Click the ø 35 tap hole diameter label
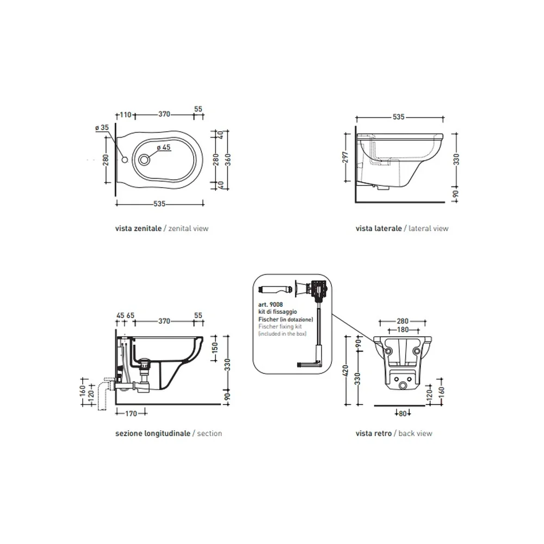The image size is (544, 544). [x=102, y=128]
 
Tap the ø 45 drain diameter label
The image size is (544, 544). [x=164, y=147]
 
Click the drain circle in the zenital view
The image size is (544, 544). [x=144, y=159]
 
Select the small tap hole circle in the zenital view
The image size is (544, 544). [x=125, y=159]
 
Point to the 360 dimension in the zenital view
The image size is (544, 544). [x=227, y=159]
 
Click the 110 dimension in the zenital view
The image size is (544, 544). [x=126, y=114]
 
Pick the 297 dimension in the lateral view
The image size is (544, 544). [x=345, y=157]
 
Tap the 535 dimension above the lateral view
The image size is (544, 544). [x=399, y=117]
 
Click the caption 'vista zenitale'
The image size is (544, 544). [x=138, y=228]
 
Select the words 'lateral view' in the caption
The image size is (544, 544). [x=429, y=228]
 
